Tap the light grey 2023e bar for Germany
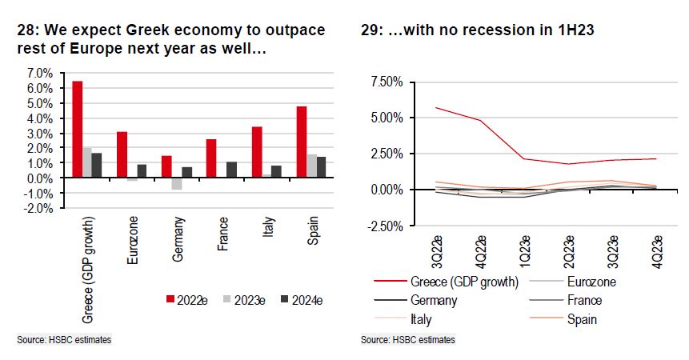[177, 184]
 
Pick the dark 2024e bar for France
[230, 170]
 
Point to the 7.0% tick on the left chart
[41, 73]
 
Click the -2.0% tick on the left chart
[40, 208]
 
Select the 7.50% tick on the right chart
[387, 81]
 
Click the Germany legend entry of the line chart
[434, 300]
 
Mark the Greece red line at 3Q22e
[435, 107]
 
